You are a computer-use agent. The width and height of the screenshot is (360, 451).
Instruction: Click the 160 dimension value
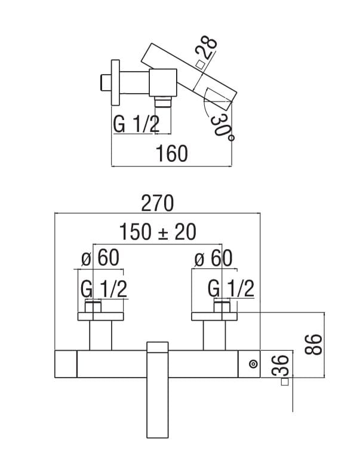tap(172, 154)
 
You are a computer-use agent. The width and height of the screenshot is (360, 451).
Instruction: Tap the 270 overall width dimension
tap(158, 203)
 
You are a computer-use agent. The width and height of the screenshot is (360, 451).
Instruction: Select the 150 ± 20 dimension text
tap(158, 232)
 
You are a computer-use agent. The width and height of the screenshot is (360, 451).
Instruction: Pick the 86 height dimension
tap(313, 345)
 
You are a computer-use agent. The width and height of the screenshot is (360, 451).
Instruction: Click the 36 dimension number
tap(280, 366)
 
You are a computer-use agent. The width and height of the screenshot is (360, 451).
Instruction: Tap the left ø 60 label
tap(100, 258)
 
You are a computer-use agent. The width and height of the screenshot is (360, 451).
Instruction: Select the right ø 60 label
tap(213, 258)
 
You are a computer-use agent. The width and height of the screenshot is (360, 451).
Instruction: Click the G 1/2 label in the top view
tap(136, 124)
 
